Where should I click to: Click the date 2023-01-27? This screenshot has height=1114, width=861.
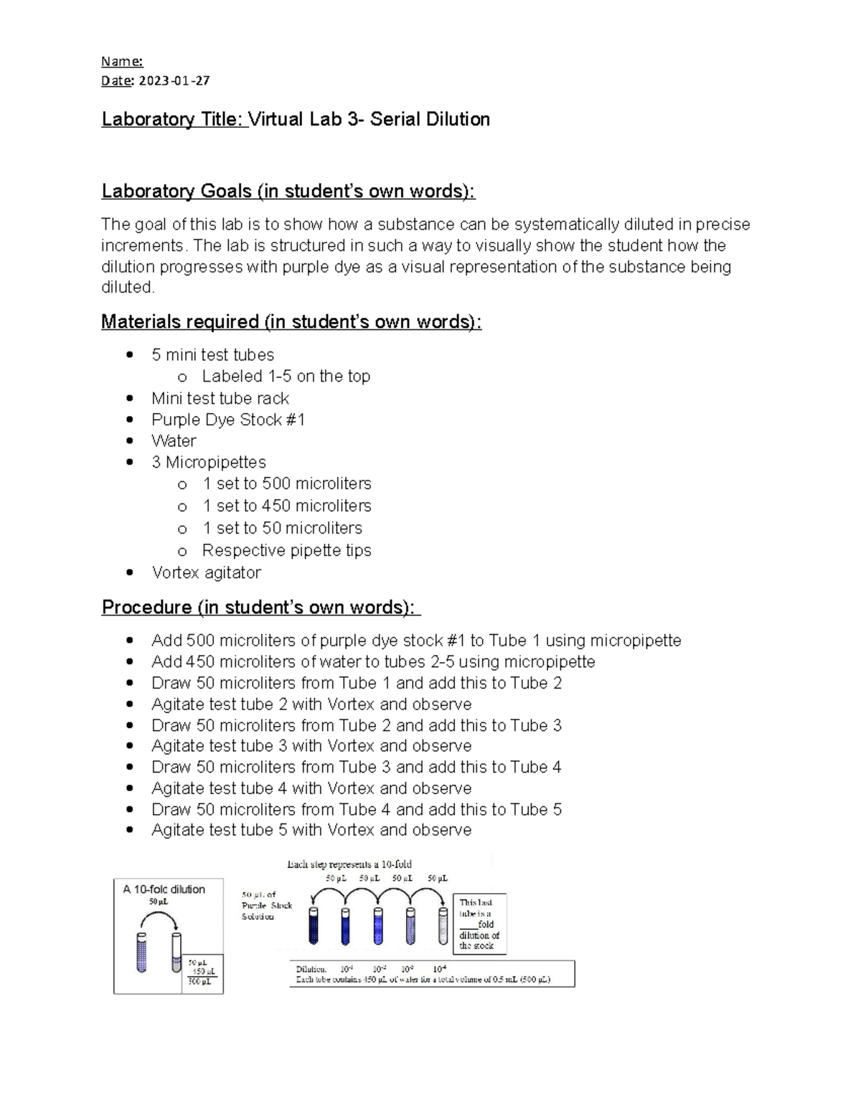[174, 80]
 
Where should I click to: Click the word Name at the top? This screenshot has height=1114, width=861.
[121, 62]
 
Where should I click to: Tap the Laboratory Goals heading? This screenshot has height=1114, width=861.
[288, 192]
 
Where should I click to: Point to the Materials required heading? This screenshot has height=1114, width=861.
[291, 322]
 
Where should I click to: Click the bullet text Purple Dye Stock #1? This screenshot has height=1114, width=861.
[228, 420]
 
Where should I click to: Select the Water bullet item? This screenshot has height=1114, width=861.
[174, 441]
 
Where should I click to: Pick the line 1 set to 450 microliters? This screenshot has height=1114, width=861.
[286, 506]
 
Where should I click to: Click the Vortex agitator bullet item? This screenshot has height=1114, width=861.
[206, 572]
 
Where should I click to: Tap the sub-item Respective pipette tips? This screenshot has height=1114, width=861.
[286, 550]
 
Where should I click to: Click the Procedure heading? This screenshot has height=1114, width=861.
[260, 608]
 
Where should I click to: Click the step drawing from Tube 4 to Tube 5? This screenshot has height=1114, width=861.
[356, 809]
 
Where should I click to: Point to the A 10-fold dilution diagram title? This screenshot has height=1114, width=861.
[164, 889]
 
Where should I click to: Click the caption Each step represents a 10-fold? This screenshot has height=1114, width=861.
[349, 864]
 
